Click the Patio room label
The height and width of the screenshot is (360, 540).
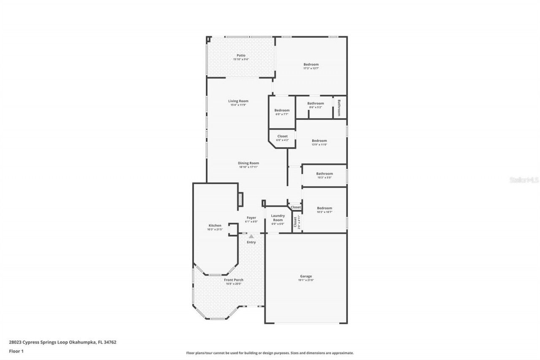tap(241, 55)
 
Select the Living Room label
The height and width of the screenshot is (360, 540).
tap(238, 101)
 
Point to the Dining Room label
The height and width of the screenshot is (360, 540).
tap(248, 163)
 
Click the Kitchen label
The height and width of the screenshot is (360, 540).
tap(215, 225)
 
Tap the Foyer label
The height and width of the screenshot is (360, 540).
tap(251, 218)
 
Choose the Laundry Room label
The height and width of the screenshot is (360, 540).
tap(278, 218)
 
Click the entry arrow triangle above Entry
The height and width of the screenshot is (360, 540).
tap(251, 237)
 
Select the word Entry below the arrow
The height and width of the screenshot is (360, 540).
tap(251, 242)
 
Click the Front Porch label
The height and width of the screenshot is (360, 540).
tap(233, 280)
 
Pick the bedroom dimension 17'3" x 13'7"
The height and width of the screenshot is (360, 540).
tap(311, 68)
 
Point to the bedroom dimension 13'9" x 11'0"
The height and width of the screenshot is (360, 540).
tap(319, 145)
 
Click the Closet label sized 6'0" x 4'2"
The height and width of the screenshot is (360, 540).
tap(282, 138)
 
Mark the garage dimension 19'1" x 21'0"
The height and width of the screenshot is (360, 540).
tap(306, 280)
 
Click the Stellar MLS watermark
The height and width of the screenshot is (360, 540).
tap(524, 180)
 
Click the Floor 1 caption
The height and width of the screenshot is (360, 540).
tap(16, 351)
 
